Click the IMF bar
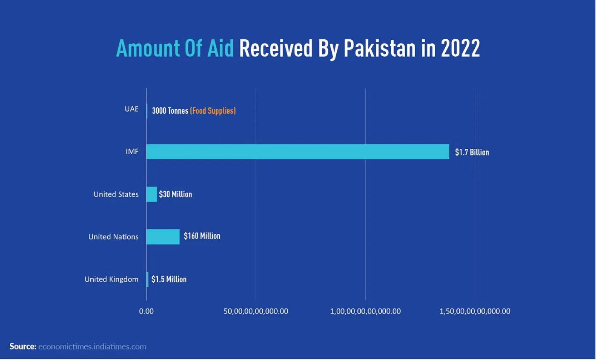pyautogui.click(x=298, y=152)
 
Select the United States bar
pyautogui.click(x=152, y=194)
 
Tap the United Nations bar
pyautogui.click(x=163, y=236)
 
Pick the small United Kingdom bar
pyautogui.click(x=147, y=279)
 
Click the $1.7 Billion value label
pyautogui.click(x=472, y=152)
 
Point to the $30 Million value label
pyautogui.click(x=175, y=194)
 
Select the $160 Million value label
pyautogui.click(x=202, y=236)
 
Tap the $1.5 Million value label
pyautogui.click(x=169, y=279)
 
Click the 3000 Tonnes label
pyautogui.click(x=170, y=111)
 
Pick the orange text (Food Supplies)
pyautogui.click(x=213, y=111)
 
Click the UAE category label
pyautogui.click(x=132, y=109)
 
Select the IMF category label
pyautogui.click(x=132, y=151)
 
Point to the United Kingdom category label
pyautogui.click(x=111, y=279)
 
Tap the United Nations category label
pyautogui.click(x=113, y=236)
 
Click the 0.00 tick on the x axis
pyautogui.click(x=146, y=311)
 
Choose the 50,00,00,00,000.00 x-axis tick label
pyautogui.click(x=256, y=311)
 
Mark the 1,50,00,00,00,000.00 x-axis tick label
pyautogui.click(x=475, y=311)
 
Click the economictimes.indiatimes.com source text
pyautogui.click(x=92, y=346)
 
